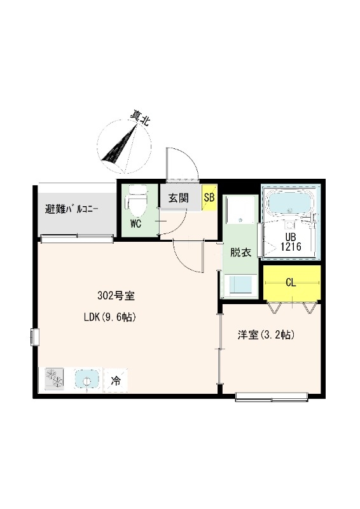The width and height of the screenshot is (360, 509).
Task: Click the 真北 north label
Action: [x=140, y=119]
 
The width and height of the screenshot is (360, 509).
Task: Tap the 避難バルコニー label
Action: [x=71, y=209]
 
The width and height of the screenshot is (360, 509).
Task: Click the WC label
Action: [x=136, y=223]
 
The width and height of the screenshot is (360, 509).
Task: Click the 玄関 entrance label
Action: [x=178, y=198]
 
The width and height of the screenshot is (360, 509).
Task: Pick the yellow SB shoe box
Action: [x=209, y=198]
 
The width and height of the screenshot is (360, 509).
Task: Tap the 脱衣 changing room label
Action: [x=240, y=253]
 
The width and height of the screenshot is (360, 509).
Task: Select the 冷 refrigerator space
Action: [x=116, y=381]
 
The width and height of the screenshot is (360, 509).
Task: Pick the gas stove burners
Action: [x=56, y=380]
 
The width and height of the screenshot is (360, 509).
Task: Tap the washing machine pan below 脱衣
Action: [x=240, y=285]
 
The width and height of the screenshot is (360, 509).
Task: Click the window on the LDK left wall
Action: [x=34, y=335]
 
